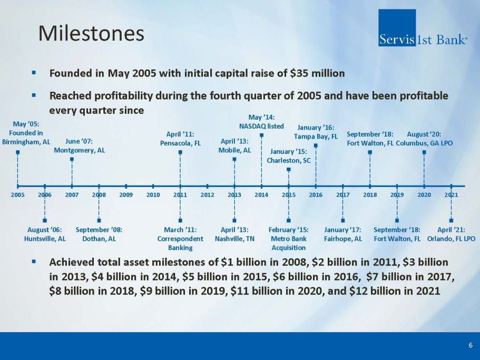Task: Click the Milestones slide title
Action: tap(91, 34)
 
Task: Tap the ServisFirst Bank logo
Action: tap(422, 28)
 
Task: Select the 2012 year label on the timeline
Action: tap(208, 194)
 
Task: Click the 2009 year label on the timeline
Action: tap(126, 194)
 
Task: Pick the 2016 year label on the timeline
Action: tap(316, 194)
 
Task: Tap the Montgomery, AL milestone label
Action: tap(80, 145)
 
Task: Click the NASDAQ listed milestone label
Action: tap(262, 122)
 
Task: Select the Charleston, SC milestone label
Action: tap(289, 157)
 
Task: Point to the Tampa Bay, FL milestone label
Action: tap(316, 132)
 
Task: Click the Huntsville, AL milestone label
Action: tap(45, 234)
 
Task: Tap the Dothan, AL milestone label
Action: tap(99, 234)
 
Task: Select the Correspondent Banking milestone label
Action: tap(180, 238)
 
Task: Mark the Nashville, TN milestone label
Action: tap(234, 234)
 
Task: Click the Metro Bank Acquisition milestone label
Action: tap(288, 238)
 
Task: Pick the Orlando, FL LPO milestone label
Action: tap(451, 234)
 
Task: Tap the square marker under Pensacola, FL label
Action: tap(180, 152)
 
